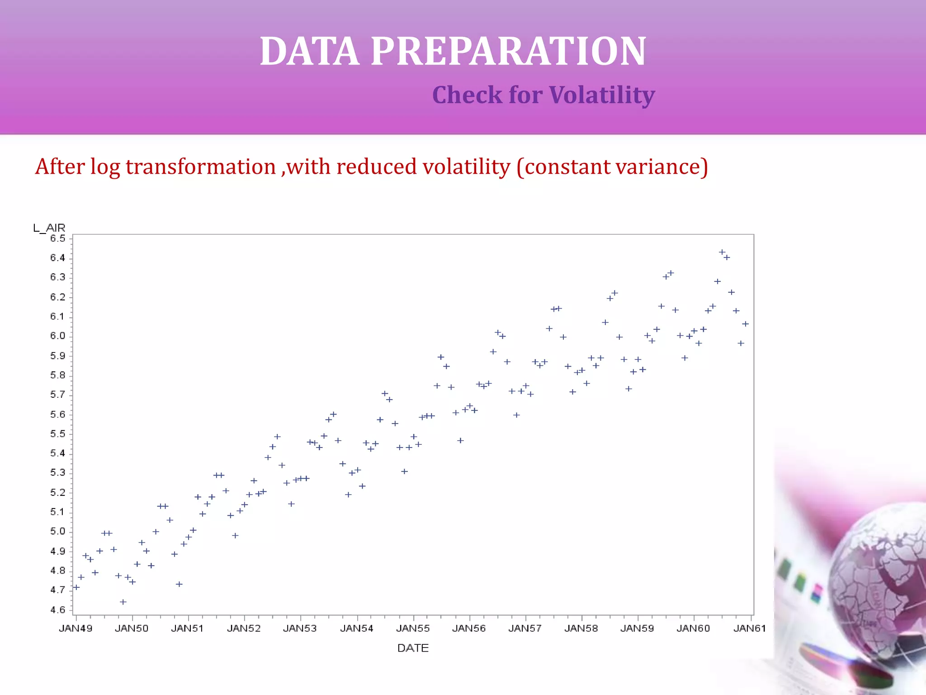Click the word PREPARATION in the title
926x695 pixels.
click(508, 51)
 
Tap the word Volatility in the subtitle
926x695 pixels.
click(602, 95)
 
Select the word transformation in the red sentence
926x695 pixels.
click(200, 167)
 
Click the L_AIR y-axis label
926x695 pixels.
click(49, 228)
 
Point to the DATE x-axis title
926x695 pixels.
click(412, 648)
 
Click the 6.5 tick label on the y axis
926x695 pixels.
click(57, 238)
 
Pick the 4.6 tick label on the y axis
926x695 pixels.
click(57, 609)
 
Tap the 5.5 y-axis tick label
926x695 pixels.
click(57, 434)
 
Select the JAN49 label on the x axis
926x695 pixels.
click(76, 628)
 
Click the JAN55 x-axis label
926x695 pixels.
click(412, 628)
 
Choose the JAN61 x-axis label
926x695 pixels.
click(749, 628)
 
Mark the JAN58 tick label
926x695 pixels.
click(581, 628)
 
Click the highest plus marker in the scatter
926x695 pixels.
click(722, 252)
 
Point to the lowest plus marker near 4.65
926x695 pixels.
click(123, 602)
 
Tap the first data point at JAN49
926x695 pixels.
click(76, 587)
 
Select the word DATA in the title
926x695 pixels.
click(309, 51)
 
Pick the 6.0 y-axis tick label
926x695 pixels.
click(57, 336)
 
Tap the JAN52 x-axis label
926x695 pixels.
click(244, 628)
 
